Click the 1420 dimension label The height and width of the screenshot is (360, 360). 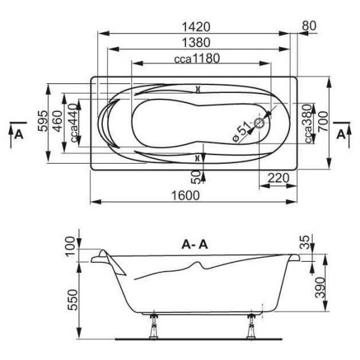click(196, 27)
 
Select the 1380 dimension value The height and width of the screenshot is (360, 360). click(196, 43)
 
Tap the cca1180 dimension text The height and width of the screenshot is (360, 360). click(197, 58)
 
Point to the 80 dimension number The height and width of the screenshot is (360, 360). click(309, 26)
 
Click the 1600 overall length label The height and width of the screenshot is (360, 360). click(186, 196)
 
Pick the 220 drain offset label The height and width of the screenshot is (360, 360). click(278, 178)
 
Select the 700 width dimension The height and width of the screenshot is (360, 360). click(323, 122)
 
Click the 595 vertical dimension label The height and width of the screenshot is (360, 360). click(43, 121)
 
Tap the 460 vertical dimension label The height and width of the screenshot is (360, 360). click(58, 121)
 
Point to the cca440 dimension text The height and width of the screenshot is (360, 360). click(74, 123)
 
